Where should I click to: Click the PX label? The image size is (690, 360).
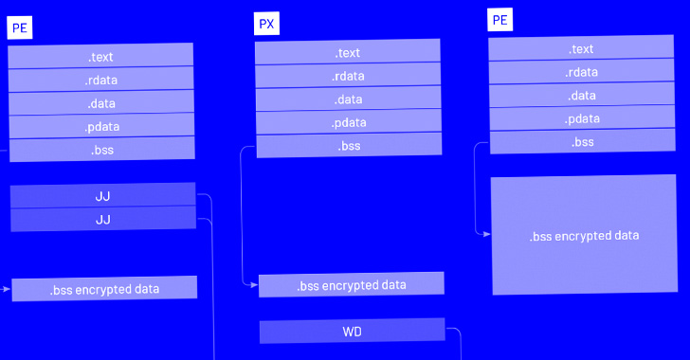[x=267, y=24]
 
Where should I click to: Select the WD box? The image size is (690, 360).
[x=352, y=332]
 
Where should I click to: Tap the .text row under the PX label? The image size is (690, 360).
[x=348, y=53]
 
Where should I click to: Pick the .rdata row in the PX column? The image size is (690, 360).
[x=348, y=77]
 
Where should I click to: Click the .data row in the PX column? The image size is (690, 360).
[x=348, y=99]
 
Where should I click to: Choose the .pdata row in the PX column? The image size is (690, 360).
[x=348, y=123]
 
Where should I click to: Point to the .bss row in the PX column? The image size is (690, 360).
[x=348, y=146]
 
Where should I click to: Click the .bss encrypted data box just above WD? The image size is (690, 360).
[x=352, y=285]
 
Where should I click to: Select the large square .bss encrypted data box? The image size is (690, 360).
[x=584, y=236]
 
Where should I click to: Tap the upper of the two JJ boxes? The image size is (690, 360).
[x=103, y=196]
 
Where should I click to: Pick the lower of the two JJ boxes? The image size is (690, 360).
[x=103, y=220]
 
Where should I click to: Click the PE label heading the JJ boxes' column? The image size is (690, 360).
[x=19, y=27]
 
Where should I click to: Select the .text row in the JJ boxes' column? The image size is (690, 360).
[x=101, y=57]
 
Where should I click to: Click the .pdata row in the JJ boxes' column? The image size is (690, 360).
[x=101, y=127]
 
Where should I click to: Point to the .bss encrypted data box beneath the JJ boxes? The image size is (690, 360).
[x=104, y=289]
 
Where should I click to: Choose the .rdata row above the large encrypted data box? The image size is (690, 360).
[x=582, y=72]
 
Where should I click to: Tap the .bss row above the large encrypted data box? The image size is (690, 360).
[x=582, y=142]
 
